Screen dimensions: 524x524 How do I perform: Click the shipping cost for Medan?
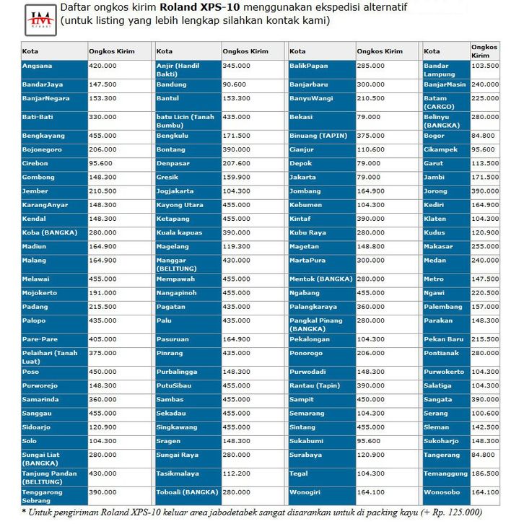pos(484,260)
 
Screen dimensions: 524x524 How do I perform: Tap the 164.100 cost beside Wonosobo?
pos(484,492)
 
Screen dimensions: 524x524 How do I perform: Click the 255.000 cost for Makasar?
pos(484,246)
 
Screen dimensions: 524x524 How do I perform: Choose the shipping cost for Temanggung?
pos(484,473)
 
